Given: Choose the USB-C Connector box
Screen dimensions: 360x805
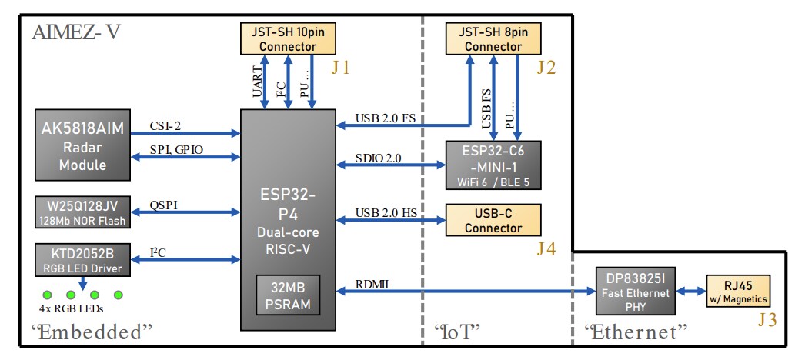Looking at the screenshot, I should (x=493, y=220).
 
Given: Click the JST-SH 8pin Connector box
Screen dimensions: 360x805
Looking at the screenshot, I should (x=493, y=38).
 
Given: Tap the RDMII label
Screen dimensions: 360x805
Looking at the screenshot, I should (x=372, y=284).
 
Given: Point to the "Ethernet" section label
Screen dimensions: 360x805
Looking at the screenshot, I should (x=635, y=332).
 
